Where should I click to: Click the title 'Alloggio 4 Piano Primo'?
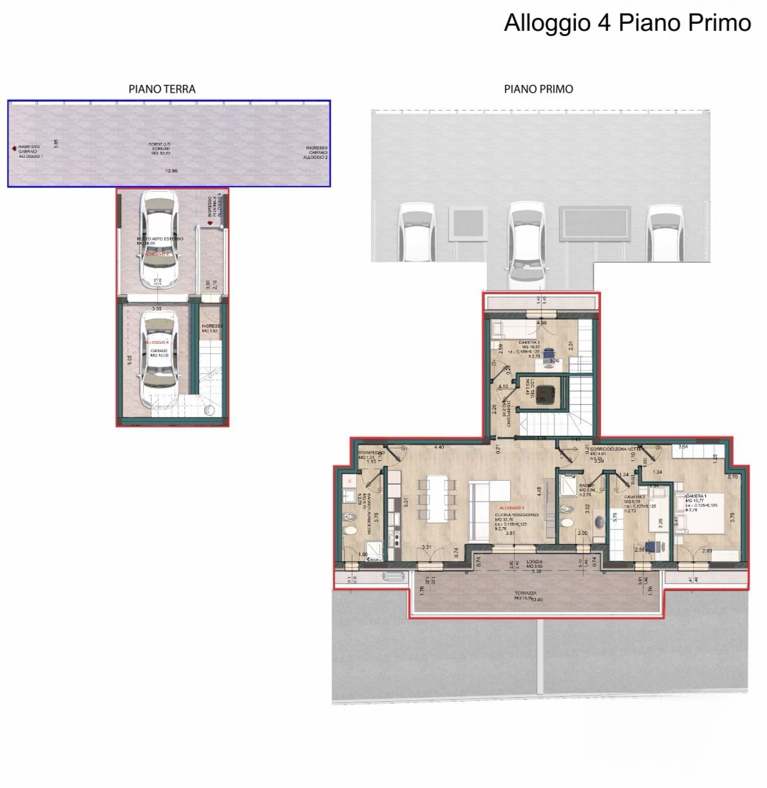coord(627,23)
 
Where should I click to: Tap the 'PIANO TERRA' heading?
coord(162,89)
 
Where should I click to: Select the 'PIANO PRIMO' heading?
coord(538,89)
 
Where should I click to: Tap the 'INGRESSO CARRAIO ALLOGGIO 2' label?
coord(316,152)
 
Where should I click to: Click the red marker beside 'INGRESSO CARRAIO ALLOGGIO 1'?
coord(14,148)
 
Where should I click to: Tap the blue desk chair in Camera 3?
coord(549,353)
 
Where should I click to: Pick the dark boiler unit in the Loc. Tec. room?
coord(547,392)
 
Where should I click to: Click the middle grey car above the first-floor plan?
coord(524,245)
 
